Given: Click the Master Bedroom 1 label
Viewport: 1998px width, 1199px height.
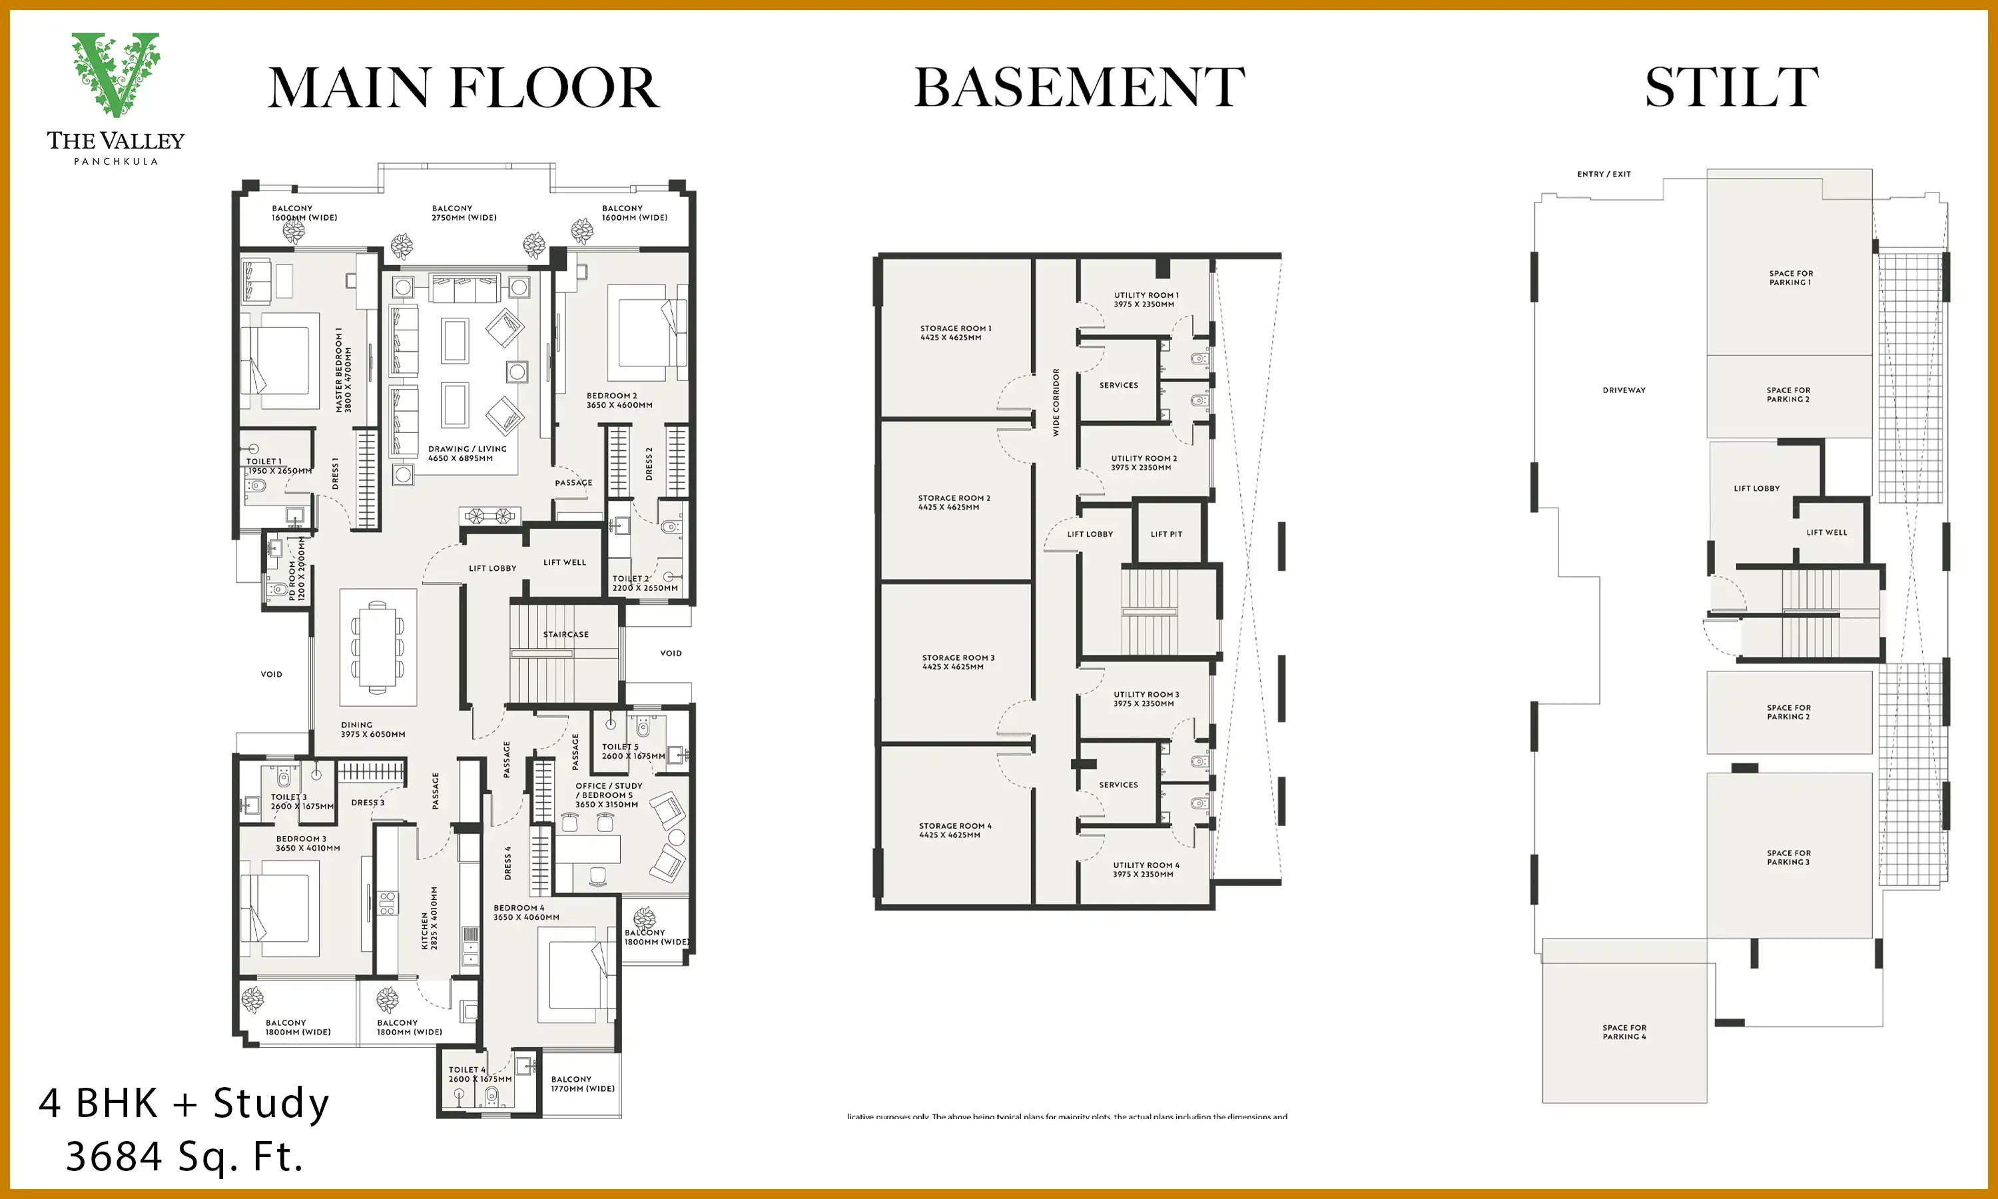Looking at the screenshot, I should click(x=343, y=370).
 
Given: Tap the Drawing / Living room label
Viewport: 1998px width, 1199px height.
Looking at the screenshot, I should click(x=467, y=453).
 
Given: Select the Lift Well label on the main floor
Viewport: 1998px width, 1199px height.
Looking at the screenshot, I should click(x=565, y=562).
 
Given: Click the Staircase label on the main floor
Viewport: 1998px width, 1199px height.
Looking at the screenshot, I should click(x=565, y=634).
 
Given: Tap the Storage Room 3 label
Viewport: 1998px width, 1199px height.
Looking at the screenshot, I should click(x=958, y=661).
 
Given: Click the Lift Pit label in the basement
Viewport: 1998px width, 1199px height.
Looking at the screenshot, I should click(x=1165, y=534).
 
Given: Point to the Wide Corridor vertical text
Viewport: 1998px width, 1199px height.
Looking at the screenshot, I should click(x=1056, y=402).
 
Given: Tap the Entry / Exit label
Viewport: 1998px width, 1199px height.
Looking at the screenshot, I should click(x=1603, y=174).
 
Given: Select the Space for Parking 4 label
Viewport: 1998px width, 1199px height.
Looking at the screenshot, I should click(x=1624, y=1032).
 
